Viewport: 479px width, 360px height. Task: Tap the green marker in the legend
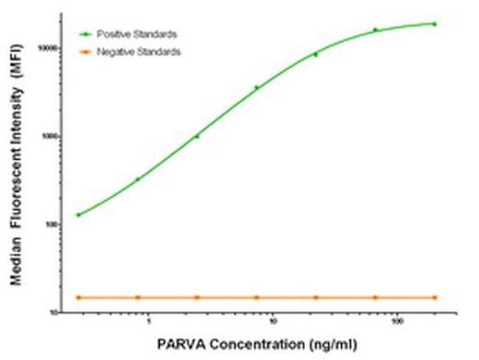[86, 34]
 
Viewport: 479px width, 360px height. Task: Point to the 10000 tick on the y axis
[55, 48]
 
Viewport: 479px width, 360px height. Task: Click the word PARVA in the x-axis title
[178, 344]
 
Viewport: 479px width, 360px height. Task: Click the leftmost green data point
[78, 215]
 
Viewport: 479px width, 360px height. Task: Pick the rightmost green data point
[434, 24]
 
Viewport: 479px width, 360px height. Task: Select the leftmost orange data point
[78, 297]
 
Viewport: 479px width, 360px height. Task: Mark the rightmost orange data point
[434, 297]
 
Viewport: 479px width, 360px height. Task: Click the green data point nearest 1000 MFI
[197, 136]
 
